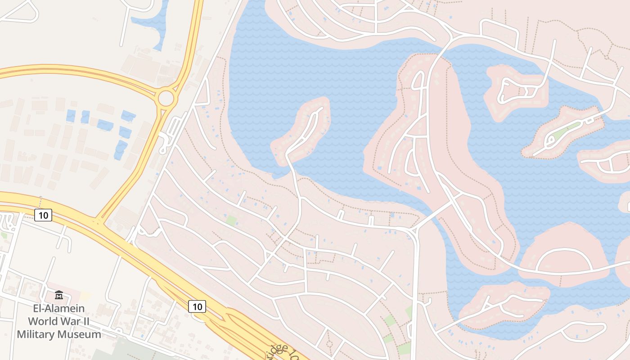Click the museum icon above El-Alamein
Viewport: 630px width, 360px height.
click(59, 295)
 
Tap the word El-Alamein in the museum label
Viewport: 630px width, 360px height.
click(59, 309)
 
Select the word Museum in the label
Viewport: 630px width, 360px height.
click(79, 334)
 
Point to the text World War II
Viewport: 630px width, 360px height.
click(59, 321)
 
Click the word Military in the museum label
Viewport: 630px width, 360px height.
click(37, 334)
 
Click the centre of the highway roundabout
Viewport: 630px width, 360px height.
click(166, 98)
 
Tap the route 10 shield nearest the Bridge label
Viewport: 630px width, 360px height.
click(197, 306)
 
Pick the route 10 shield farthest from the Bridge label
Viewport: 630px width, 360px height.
click(43, 215)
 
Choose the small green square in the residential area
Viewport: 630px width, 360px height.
click(231, 220)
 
